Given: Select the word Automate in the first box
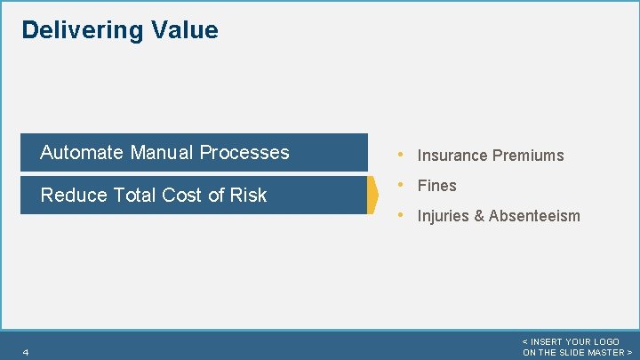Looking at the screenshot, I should coord(82,152).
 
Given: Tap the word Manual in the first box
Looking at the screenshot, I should coord(162,152).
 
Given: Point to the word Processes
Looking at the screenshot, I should coord(244,152).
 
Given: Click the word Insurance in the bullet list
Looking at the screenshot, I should coord(452,156).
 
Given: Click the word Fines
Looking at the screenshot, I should coord(436,186).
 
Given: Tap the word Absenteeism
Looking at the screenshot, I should coord(534,216).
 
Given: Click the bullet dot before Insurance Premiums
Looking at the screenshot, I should coord(403,155).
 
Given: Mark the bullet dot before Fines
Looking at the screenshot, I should coord(403,185).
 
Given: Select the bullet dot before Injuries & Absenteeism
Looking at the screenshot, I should coord(403,215).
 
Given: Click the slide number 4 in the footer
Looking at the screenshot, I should coord(26,353).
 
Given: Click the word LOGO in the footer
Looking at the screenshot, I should coord(605,342).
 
